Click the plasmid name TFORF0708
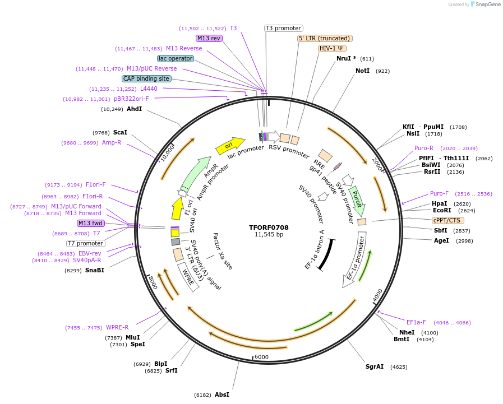269,227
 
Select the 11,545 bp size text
269,235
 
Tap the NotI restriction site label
362,71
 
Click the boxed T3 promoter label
283,28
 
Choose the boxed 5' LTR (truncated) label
325,38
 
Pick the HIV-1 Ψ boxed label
332,48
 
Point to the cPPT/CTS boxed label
448,220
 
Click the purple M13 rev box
209,38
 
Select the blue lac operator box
176,58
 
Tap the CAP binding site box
146,79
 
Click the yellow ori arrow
230,146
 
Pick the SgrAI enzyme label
375,366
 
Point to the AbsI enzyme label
221,394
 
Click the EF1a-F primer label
416,322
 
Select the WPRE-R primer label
117,327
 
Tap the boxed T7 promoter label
86,243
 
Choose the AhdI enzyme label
134,109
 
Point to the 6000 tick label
262,357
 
